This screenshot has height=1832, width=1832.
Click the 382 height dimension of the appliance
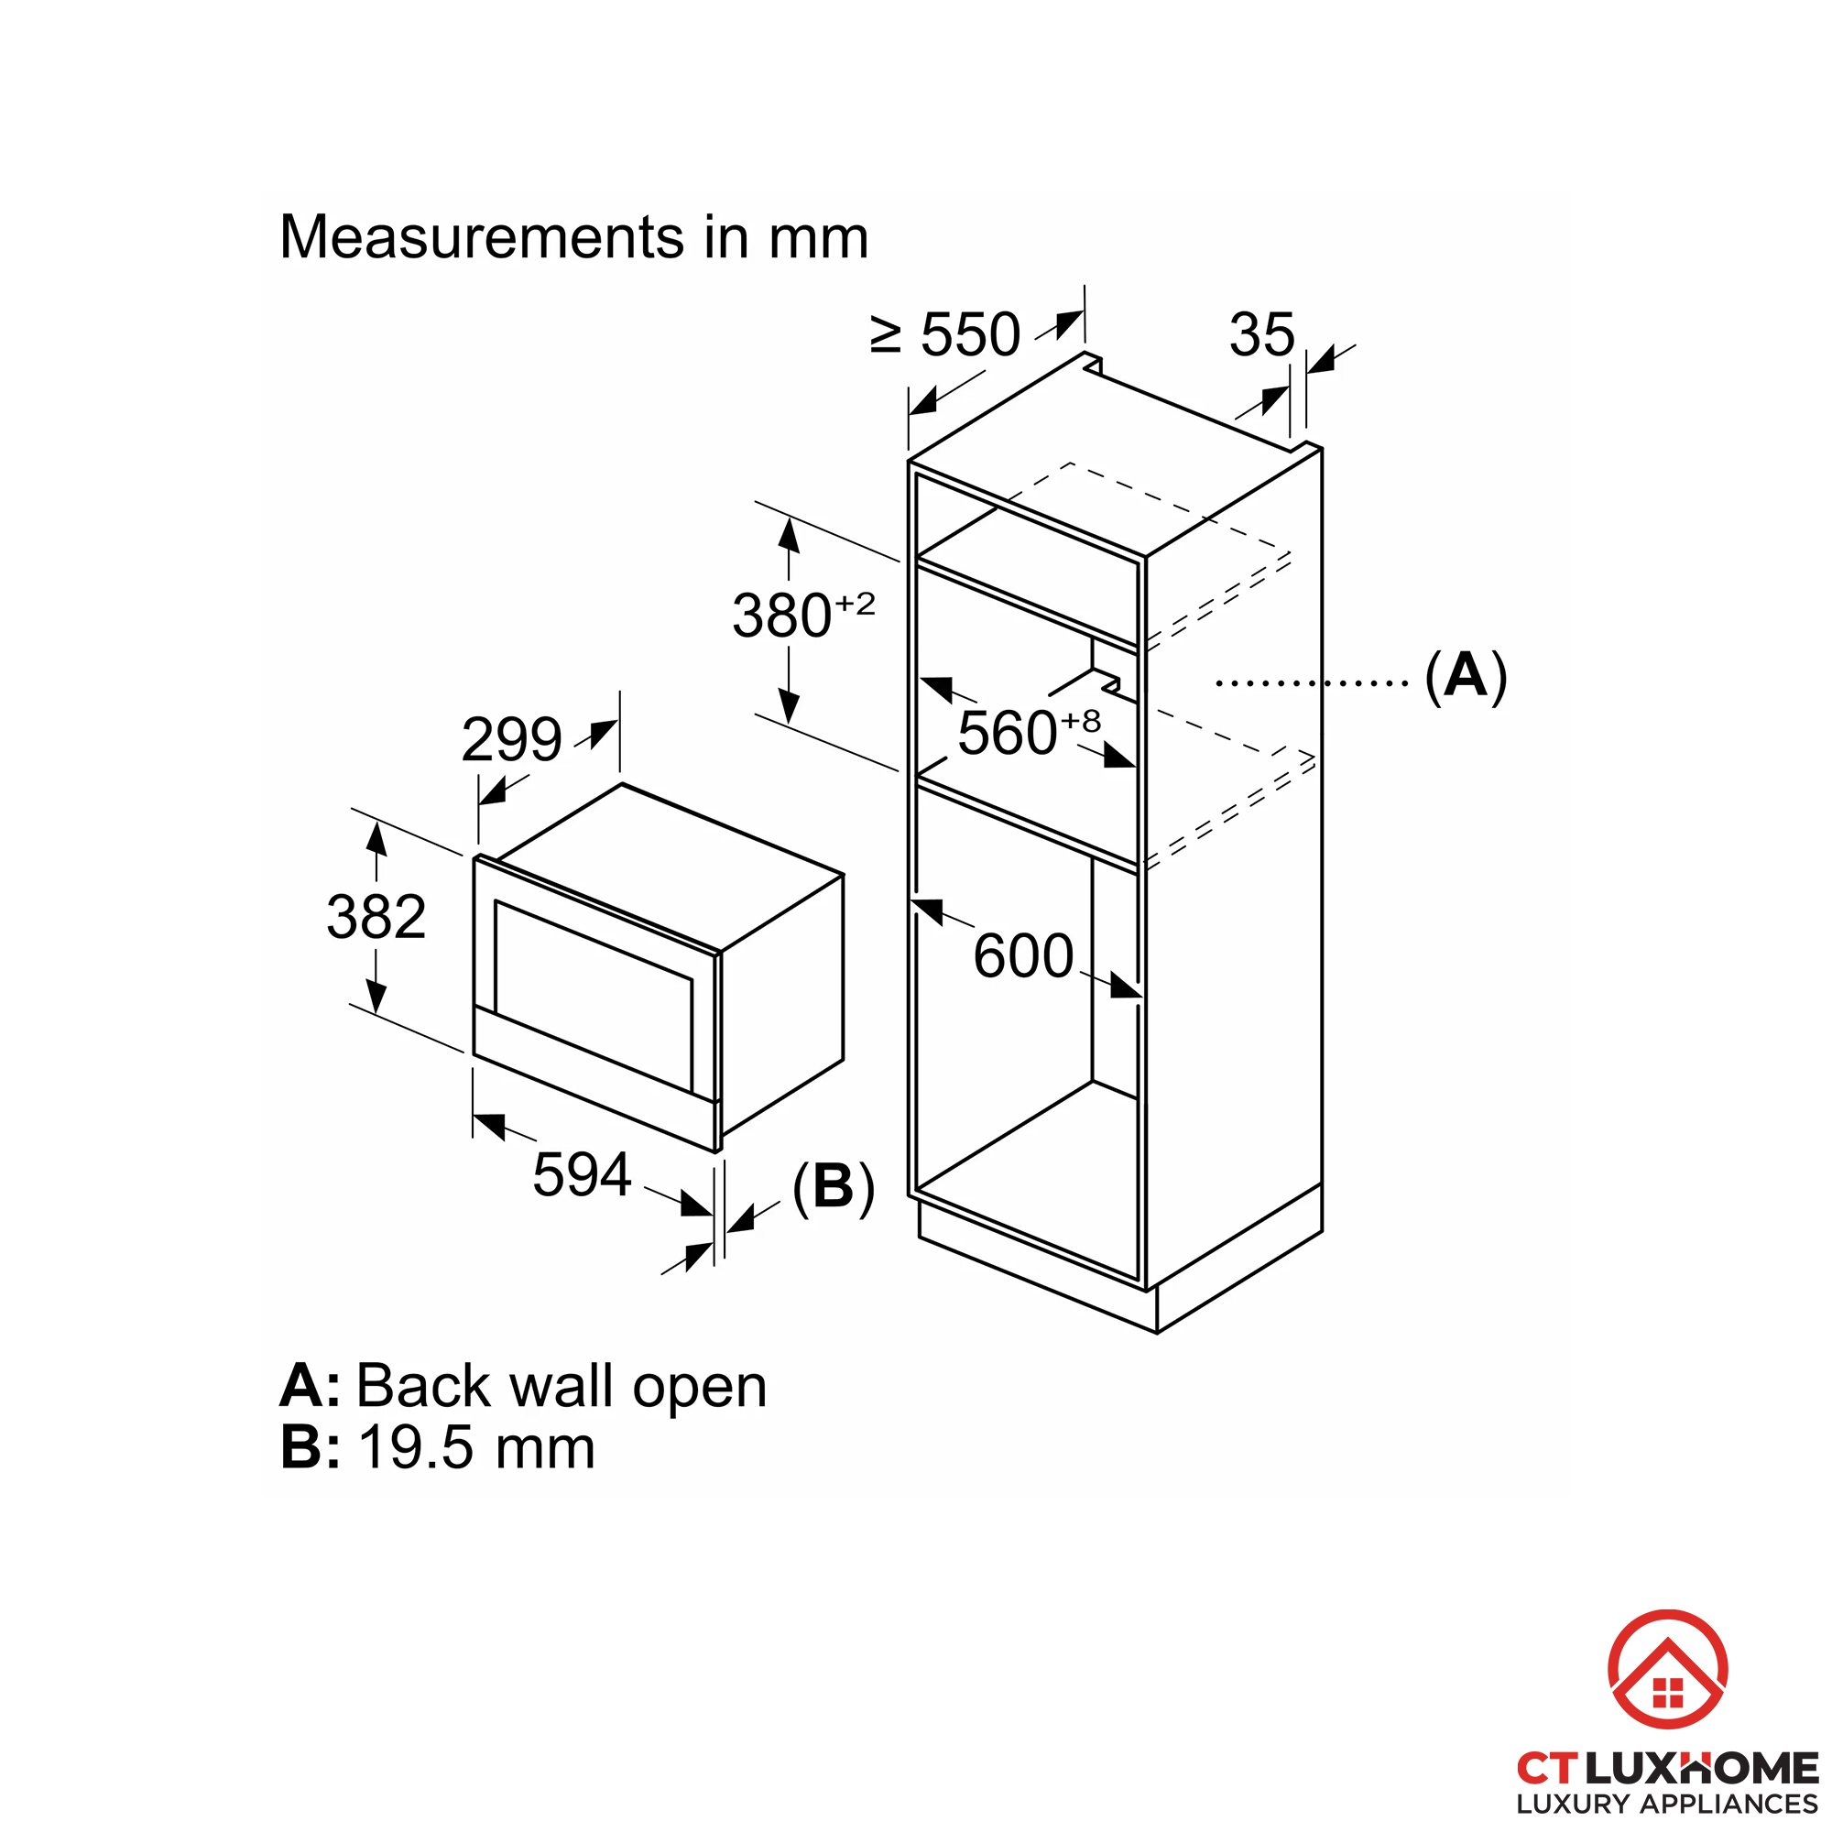coord(376,917)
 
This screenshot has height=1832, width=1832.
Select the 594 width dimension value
coord(583,1175)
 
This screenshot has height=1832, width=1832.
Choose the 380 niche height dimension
coord(782,616)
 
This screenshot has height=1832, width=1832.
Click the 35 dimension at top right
coord(1262,334)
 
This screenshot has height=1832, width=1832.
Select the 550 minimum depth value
coord(971,334)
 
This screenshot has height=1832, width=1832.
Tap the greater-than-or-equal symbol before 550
coord(886,334)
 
